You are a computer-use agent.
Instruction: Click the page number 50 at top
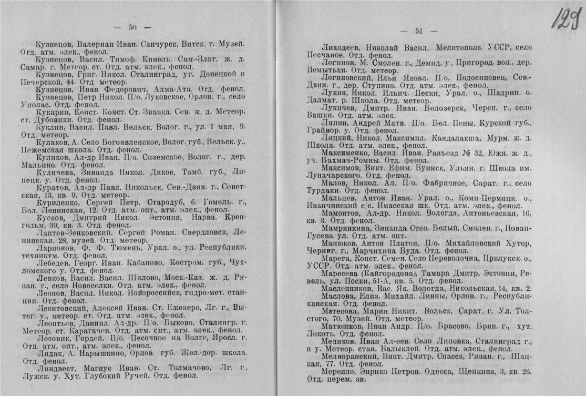[x=132, y=27]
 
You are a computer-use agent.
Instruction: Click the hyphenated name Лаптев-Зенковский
[x=71, y=232]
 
